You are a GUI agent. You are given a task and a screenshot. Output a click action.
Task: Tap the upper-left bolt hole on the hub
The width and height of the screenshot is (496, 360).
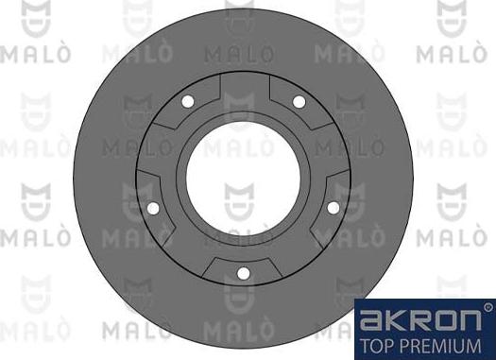tap(187, 101)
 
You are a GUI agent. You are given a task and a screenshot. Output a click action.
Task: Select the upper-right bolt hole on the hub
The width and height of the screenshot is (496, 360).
tap(299, 101)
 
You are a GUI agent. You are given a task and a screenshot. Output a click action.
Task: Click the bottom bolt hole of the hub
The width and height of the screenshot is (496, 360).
tap(243, 274)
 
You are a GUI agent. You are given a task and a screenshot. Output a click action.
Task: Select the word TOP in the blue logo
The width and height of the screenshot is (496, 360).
tap(378, 342)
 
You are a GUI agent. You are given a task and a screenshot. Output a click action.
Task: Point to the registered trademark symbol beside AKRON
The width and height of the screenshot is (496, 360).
tap(487, 308)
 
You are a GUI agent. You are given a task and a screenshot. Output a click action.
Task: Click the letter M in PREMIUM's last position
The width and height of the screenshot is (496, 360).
tap(482, 342)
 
